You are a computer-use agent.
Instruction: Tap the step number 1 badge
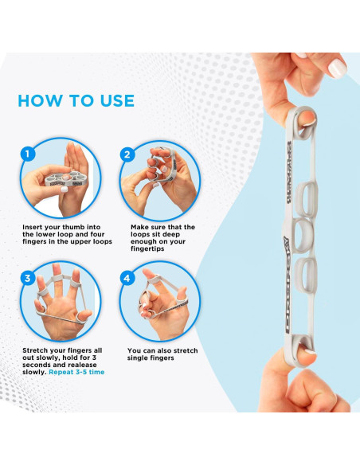coord(28,154)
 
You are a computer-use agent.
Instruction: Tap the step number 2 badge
coord(127,154)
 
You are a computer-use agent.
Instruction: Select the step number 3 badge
coord(28,278)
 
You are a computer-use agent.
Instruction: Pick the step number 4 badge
coord(127,278)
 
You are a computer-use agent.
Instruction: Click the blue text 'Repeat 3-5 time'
coord(76,372)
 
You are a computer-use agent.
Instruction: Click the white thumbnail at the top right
coord(338,68)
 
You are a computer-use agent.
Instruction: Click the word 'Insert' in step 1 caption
coord(32,227)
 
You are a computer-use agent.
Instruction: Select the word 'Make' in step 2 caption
coord(139,227)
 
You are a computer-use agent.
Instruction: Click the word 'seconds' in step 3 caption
coord(34,365)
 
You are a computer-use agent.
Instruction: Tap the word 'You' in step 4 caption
coord(134,350)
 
